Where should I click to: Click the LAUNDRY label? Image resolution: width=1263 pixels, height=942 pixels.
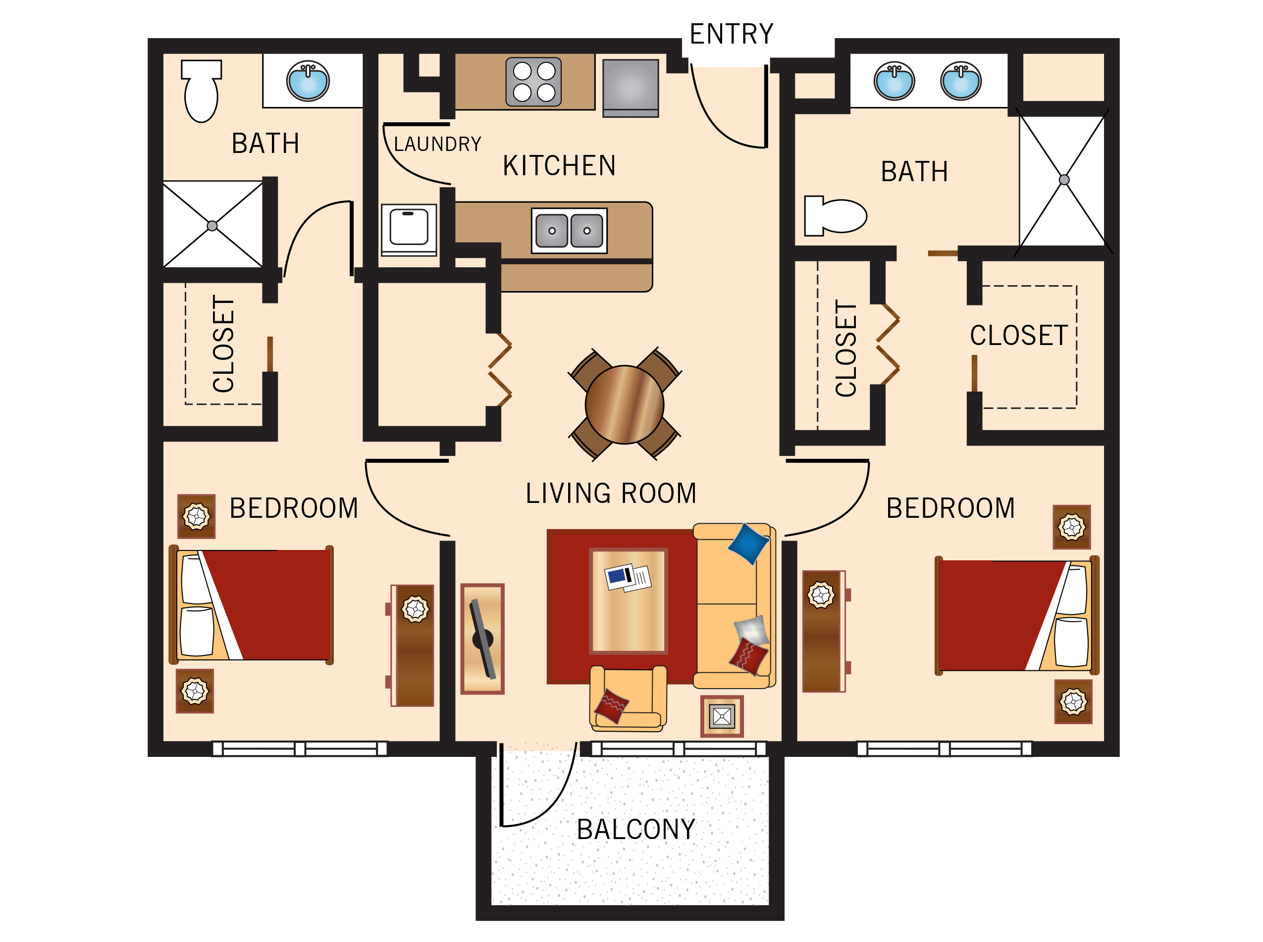point(437,144)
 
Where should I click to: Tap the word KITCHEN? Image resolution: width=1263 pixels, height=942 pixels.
point(559,166)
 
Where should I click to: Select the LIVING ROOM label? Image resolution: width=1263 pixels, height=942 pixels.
point(610,493)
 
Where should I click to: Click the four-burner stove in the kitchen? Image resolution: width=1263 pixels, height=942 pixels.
point(533,82)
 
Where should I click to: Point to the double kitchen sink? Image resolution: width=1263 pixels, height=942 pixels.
point(569,230)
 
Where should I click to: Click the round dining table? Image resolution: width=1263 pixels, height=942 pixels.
point(624,404)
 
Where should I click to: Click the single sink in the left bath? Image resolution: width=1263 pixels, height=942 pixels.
point(308,81)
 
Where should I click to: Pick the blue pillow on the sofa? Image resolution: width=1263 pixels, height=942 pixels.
point(748,544)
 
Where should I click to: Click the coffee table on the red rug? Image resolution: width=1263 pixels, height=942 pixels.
point(628,600)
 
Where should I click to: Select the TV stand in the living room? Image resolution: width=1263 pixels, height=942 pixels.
point(482,638)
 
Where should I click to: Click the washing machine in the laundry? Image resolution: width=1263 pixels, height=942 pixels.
point(409,229)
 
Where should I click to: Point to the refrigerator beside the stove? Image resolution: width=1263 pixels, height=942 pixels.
point(631,88)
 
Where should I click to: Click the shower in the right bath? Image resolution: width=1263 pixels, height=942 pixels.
point(1063,180)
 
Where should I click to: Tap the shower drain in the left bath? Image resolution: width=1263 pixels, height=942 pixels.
point(212,226)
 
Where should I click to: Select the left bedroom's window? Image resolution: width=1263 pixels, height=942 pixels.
point(300,748)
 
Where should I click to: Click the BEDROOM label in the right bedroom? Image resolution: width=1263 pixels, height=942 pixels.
point(950,508)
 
